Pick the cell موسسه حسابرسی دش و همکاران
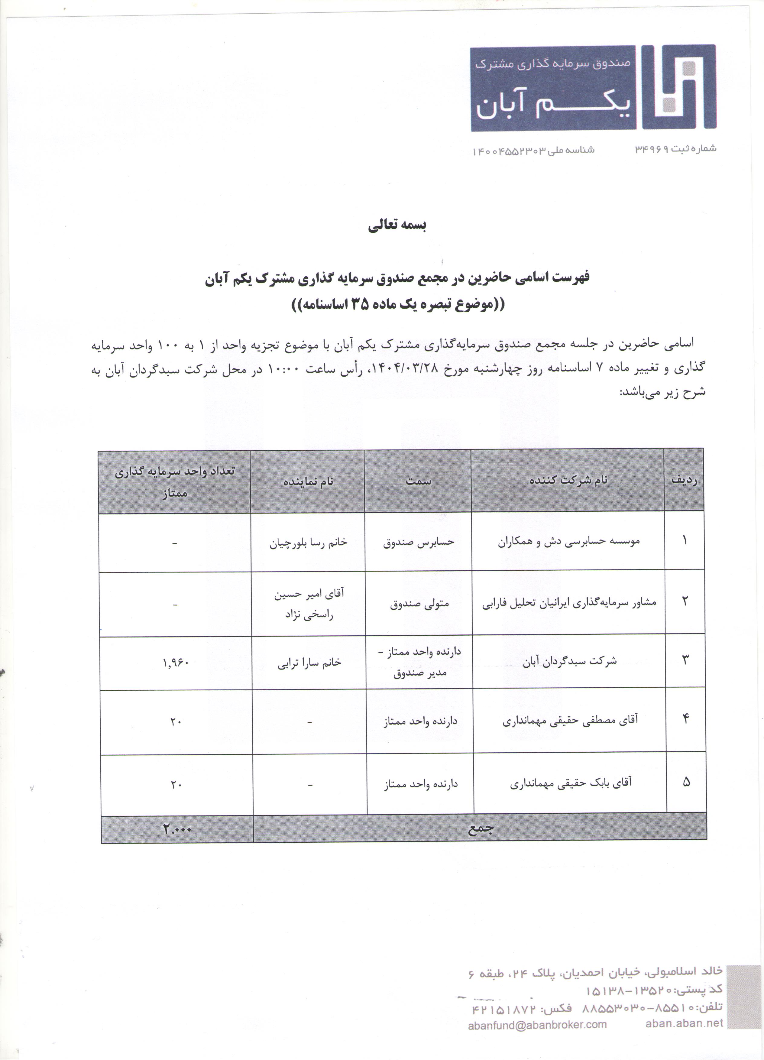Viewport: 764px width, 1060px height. (568, 541)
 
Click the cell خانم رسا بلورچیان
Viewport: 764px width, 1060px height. (308, 542)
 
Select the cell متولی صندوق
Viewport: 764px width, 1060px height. (419, 603)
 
